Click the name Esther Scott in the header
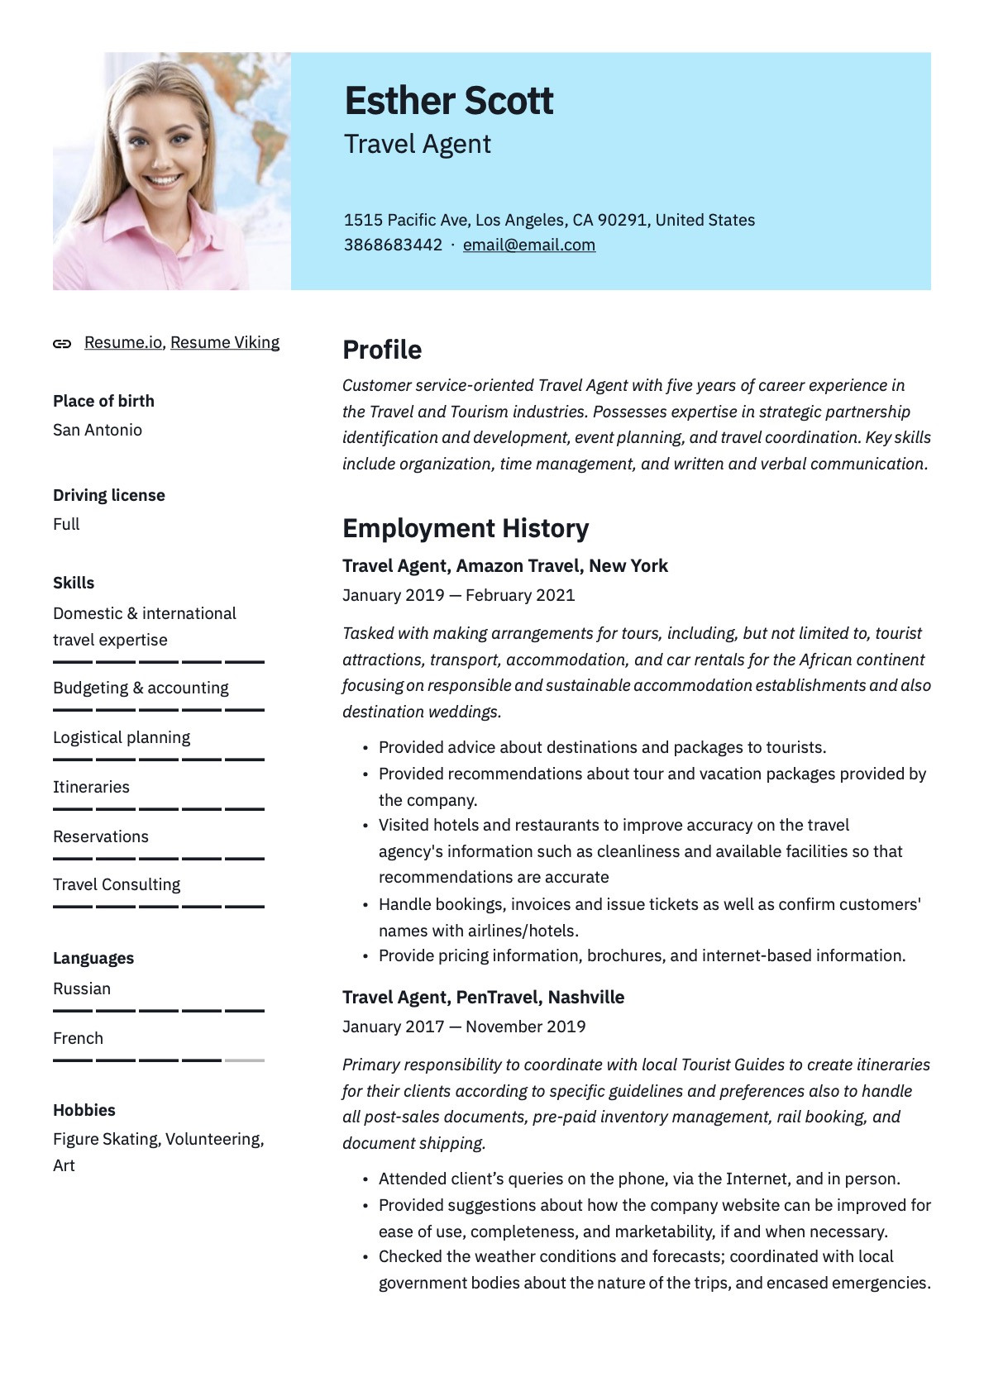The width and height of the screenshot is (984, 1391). [x=448, y=101]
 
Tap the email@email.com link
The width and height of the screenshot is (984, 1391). [x=528, y=245]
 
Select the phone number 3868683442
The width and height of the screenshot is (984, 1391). [x=393, y=245]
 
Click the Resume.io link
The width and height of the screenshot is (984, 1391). [x=123, y=342]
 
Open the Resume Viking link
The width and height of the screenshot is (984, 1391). [x=225, y=342]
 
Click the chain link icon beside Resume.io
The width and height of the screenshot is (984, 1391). [x=62, y=344]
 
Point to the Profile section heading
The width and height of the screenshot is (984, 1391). [x=382, y=350]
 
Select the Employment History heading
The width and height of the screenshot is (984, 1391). [x=466, y=528]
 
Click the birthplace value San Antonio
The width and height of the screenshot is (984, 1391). [x=98, y=430]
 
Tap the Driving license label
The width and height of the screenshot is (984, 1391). [x=109, y=495]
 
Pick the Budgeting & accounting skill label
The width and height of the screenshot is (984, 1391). [x=141, y=688]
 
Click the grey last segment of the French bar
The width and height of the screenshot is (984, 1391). [x=244, y=1060]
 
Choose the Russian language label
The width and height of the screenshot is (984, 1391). [x=82, y=988]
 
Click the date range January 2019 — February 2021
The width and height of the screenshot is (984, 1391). [x=458, y=595]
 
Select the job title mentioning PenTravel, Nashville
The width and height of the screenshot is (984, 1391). [x=483, y=997]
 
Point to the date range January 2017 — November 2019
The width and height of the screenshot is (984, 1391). [x=464, y=1027]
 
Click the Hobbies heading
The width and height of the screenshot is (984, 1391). [x=84, y=1110]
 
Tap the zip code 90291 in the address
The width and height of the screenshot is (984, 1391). [x=623, y=220]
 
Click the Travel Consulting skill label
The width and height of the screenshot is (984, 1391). [x=117, y=884]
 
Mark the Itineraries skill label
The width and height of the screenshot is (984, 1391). [x=91, y=787]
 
